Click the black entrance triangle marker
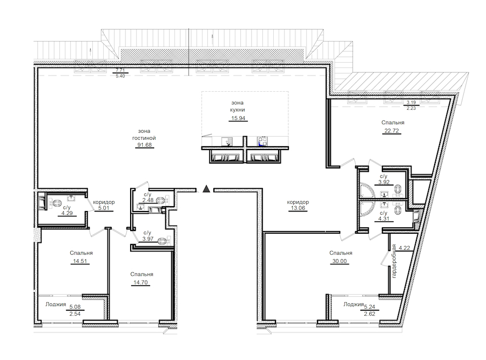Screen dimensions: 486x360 pyautogui.click(x=206, y=189)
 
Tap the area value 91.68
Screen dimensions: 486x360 pyautogui.click(x=144, y=145)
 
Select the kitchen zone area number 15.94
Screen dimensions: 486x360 pyautogui.click(x=238, y=118)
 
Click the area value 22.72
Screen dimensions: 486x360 pyautogui.click(x=392, y=131)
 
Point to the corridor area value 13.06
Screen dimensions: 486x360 pyautogui.click(x=298, y=208)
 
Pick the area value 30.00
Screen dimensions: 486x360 pyautogui.click(x=340, y=261)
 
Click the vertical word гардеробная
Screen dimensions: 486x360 pyautogui.click(x=394, y=261)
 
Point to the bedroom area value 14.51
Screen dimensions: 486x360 pyautogui.click(x=80, y=261)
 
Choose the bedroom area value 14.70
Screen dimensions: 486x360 pyautogui.click(x=140, y=282)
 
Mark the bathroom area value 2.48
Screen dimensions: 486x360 pyautogui.click(x=148, y=200)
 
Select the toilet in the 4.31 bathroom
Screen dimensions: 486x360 pyautogui.click(x=397, y=211)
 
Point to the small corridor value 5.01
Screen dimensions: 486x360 pyautogui.click(x=104, y=208)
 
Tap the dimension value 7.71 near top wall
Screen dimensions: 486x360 pyautogui.click(x=120, y=71)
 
